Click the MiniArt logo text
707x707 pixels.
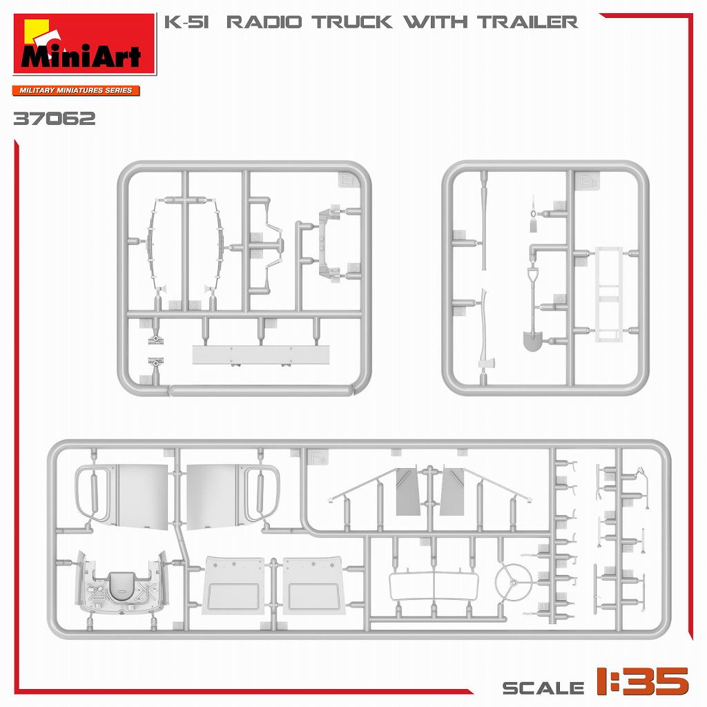(x=81, y=55)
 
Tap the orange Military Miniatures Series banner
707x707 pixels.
(x=76, y=90)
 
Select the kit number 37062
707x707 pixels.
(x=54, y=119)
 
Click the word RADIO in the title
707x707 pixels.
(x=264, y=22)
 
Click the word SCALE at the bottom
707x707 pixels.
(x=543, y=687)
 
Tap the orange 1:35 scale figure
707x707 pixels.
(x=642, y=681)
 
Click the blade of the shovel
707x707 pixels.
(x=533, y=340)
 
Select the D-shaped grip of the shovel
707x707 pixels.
(x=533, y=276)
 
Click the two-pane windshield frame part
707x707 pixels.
(x=433, y=587)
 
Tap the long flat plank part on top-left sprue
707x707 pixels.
(x=260, y=355)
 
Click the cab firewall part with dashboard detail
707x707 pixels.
(x=122, y=584)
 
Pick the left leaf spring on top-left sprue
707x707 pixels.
(x=152, y=245)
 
